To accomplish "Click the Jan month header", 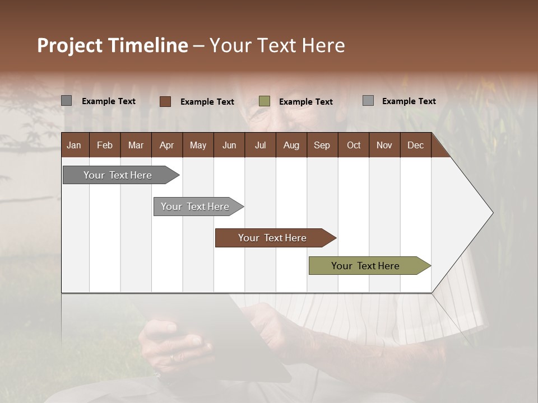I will pyautogui.click(x=74, y=145).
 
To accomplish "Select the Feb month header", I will pyautogui.click(x=105, y=145).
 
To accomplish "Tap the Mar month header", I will pyautogui.click(x=136, y=145).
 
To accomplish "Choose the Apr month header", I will pyautogui.click(x=166, y=145).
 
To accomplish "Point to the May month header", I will pyautogui.click(x=198, y=145).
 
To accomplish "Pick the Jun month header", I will pyautogui.click(x=229, y=145).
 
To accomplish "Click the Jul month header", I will pyautogui.click(x=260, y=145).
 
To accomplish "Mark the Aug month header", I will pyautogui.click(x=291, y=145).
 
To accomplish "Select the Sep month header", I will pyautogui.click(x=322, y=145).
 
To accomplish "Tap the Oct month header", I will pyautogui.click(x=354, y=145).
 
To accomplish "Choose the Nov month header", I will pyautogui.click(x=384, y=145).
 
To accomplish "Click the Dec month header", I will pyautogui.click(x=415, y=145).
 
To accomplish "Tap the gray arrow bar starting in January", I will pyautogui.click(x=118, y=175).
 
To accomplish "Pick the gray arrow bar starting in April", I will pyautogui.click(x=196, y=207).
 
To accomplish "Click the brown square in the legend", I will pyautogui.click(x=165, y=101).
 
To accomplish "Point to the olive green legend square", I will pyautogui.click(x=265, y=101).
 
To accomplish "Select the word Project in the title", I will pyautogui.click(x=69, y=45).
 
